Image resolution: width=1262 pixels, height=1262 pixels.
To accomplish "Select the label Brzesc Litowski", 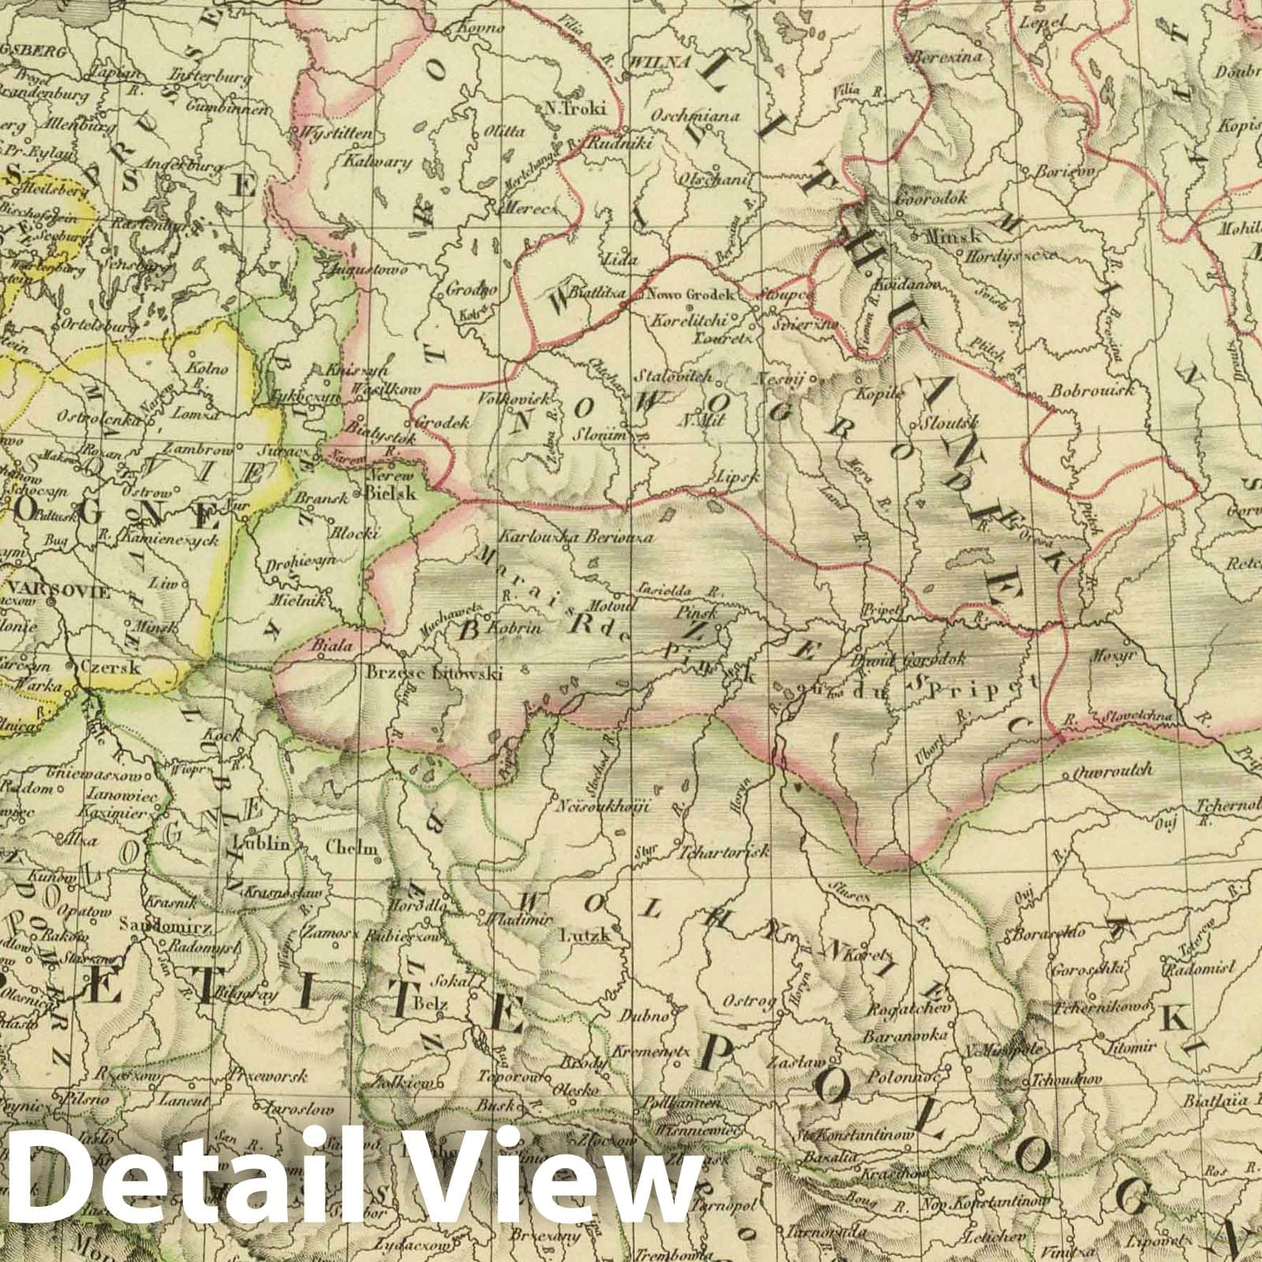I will [x=435, y=674].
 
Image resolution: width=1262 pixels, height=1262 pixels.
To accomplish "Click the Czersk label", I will [x=114, y=668].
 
